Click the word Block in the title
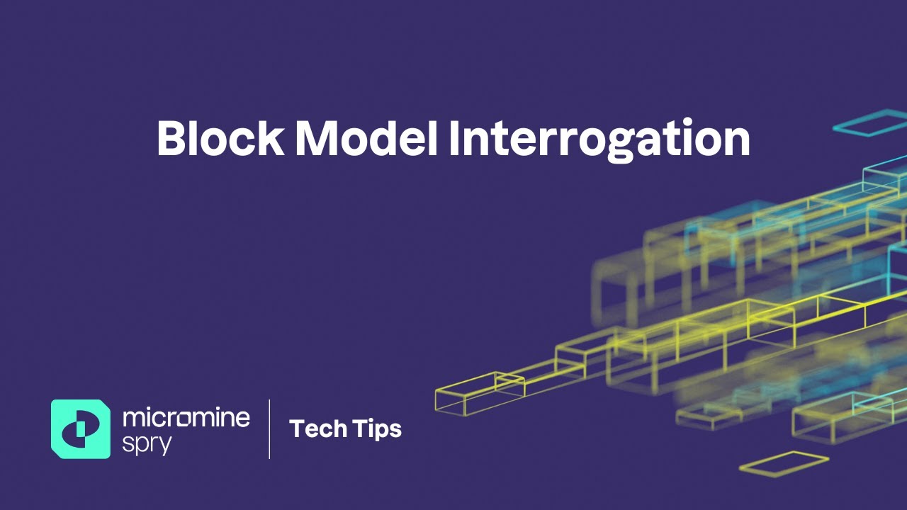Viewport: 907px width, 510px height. (x=220, y=138)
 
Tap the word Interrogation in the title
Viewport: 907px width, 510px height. (x=599, y=140)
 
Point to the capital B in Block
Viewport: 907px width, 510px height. (x=170, y=139)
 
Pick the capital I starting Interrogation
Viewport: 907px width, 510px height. (x=454, y=139)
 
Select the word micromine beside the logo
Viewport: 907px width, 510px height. (x=186, y=417)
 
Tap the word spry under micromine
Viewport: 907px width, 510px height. (x=147, y=442)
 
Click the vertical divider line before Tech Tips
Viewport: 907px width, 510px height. (x=269, y=429)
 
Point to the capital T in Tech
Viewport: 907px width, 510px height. (x=297, y=429)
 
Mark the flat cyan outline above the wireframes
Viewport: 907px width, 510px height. (x=869, y=123)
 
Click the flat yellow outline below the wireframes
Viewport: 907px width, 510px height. (x=784, y=464)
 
